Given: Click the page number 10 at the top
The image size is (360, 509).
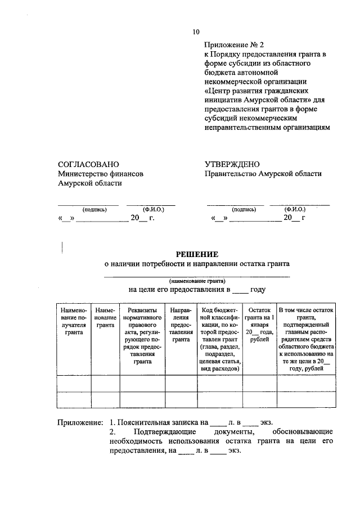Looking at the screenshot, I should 195,31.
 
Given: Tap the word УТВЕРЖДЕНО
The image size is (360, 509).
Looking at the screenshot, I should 232,164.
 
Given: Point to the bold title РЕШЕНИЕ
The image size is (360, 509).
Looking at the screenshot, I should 197,254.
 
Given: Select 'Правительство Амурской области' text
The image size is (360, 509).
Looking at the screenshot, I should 263,174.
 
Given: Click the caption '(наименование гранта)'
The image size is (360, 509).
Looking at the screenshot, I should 197,280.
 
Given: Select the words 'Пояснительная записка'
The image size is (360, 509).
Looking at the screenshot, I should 151,422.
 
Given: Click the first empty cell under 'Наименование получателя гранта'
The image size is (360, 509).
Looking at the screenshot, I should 74,384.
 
